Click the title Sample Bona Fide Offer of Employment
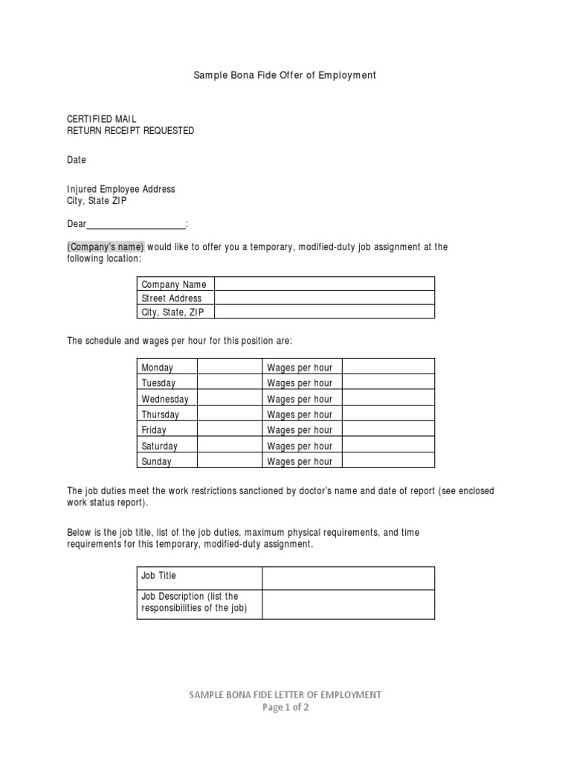coord(285,75)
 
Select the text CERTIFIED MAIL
coord(102,119)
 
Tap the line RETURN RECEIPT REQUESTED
coord(131,131)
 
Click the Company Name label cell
coord(175,284)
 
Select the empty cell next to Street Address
coord(324,298)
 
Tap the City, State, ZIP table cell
coord(175,313)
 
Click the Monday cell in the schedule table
coord(167,368)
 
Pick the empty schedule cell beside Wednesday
coord(229,399)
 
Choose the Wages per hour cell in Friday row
coord(300,430)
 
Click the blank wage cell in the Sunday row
coord(387,461)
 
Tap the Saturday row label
coord(167,446)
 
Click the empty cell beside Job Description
coord(347,603)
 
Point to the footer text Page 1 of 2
coord(285,708)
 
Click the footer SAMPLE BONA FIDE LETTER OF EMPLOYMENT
coord(285,695)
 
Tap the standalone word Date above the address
coord(77,160)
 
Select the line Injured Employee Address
coord(121,189)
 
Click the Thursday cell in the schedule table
coord(167,414)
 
